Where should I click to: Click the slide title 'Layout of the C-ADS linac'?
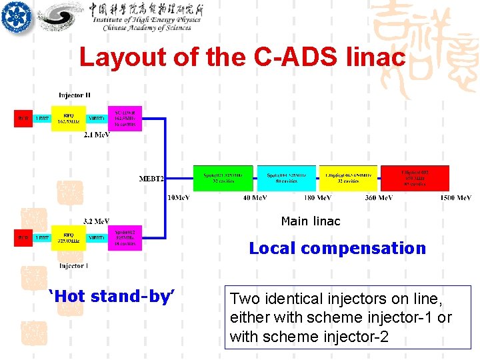point(242,57)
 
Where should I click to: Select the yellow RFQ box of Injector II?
point(69,119)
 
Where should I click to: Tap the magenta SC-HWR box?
point(125,117)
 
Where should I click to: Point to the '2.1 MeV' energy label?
point(97,135)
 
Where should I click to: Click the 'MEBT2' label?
point(151,179)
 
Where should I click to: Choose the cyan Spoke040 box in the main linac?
point(286,177)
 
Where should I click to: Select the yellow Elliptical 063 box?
point(348,177)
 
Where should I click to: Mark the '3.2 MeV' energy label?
point(96,221)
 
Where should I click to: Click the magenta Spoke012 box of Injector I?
point(125,237)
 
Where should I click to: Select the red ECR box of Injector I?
point(23,237)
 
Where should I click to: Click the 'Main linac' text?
point(311,221)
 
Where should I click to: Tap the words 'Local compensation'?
point(337,248)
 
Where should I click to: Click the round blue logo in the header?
point(17,17)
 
